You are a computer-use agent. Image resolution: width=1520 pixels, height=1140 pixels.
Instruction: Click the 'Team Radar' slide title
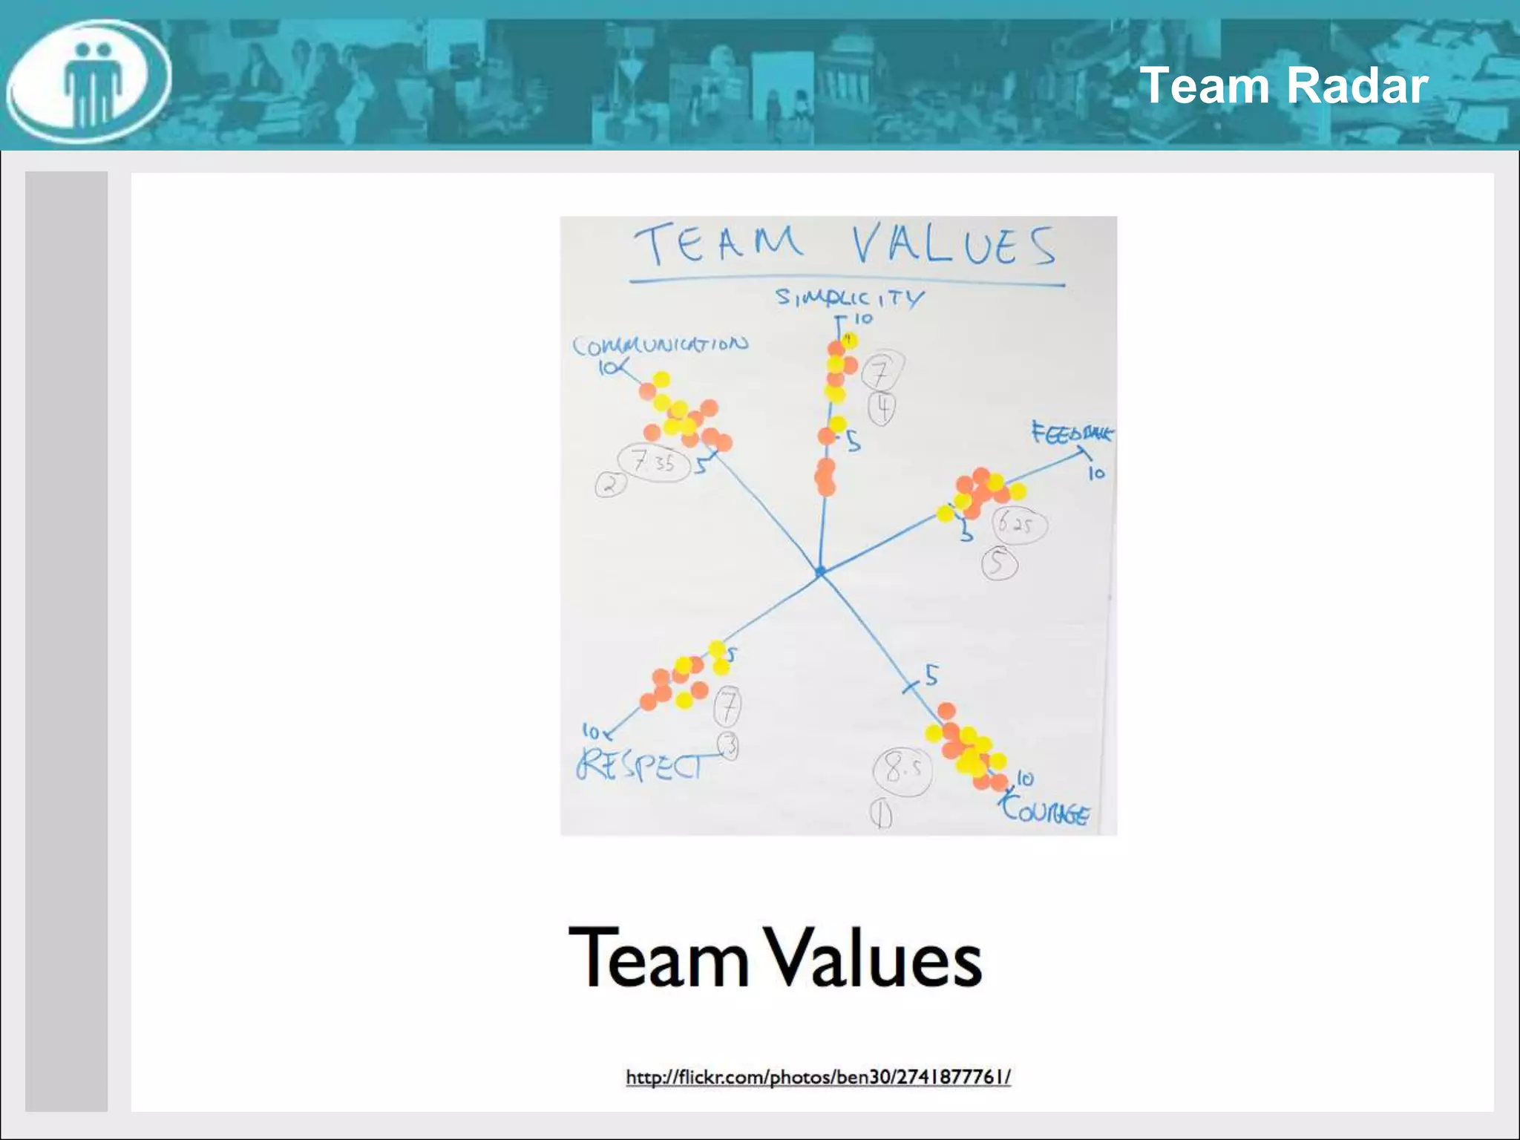pos(1283,85)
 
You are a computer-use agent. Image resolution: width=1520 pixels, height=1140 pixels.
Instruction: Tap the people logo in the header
pos(89,82)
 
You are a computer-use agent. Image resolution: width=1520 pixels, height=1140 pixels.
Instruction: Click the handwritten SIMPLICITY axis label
pos(850,298)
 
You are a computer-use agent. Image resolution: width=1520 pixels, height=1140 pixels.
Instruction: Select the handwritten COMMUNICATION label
pos(660,345)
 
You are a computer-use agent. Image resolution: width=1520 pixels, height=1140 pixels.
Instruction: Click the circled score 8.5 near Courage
pos(901,771)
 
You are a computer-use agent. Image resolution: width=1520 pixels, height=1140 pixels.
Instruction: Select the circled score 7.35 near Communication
pos(654,462)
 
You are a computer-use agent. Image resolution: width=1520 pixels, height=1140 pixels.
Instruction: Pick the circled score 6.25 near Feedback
pos(1019,525)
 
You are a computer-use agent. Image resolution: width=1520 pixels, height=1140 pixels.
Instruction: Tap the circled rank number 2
pos(611,485)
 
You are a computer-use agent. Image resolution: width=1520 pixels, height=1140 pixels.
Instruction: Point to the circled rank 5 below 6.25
pos(999,563)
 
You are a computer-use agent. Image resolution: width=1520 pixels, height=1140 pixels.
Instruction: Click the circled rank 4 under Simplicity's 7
pos(882,408)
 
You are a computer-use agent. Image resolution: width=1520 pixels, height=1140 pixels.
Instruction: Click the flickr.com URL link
pos(818,1076)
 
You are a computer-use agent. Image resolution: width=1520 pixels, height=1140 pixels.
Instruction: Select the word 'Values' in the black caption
pos(874,957)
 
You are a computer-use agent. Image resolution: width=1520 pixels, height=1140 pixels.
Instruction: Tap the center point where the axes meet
pos(820,571)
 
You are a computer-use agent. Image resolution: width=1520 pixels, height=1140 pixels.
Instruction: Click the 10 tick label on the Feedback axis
pos(1096,473)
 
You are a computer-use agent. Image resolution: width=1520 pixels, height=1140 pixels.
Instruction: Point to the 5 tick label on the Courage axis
pos(931,675)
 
